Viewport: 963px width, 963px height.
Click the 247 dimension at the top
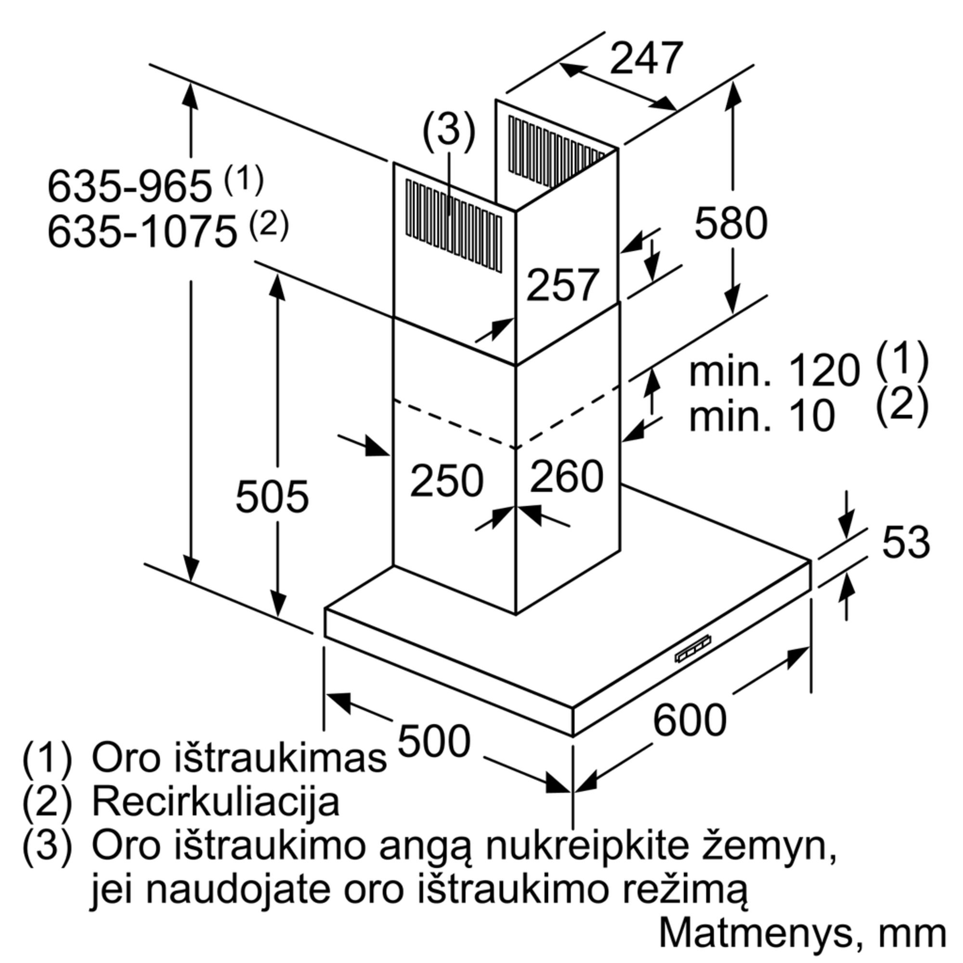pyautogui.click(x=646, y=58)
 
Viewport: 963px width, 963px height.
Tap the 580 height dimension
pyautogui.click(x=731, y=224)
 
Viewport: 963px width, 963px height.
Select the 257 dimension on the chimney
pyautogui.click(x=562, y=285)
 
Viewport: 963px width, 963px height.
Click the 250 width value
pyautogui.click(x=447, y=480)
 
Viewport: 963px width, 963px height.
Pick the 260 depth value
pyautogui.click(x=567, y=476)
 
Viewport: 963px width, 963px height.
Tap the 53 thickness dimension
pyautogui.click(x=906, y=541)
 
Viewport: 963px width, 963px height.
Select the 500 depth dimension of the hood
pyautogui.click(x=434, y=741)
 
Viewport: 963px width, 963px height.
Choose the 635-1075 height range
pyautogui.click(x=142, y=231)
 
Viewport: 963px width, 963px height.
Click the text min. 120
pyautogui.click(x=775, y=371)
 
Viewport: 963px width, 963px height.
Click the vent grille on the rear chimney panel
pyautogui.click(x=557, y=153)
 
